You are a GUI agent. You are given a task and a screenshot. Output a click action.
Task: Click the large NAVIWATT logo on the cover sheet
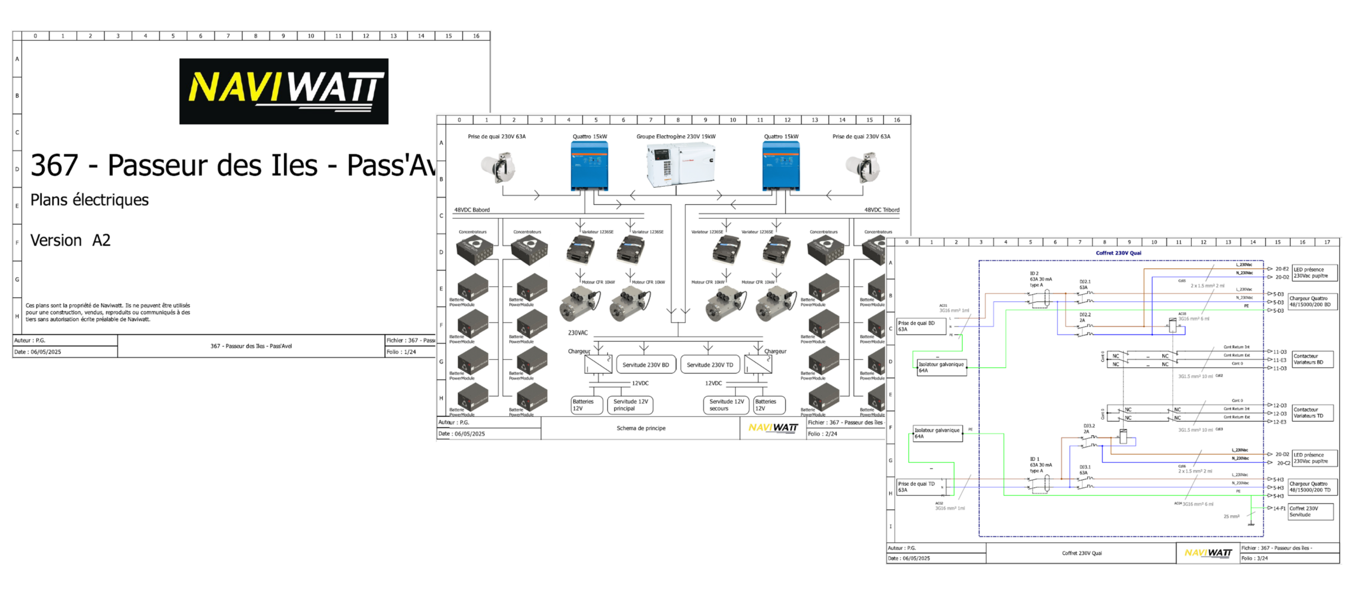tap(284, 91)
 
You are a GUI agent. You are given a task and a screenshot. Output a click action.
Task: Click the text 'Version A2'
tap(70, 240)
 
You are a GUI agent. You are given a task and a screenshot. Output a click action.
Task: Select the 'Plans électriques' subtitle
tap(89, 200)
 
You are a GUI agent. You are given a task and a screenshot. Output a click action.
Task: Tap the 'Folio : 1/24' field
tap(401, 352)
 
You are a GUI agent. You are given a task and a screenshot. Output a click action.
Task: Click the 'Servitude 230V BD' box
tap(645, 365)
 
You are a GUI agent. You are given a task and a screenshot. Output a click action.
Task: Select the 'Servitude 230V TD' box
tap(710, 365)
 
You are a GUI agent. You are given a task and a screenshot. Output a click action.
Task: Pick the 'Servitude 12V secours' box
tap(726, 405)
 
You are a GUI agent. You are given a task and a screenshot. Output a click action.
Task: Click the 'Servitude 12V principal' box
tap(630, 405)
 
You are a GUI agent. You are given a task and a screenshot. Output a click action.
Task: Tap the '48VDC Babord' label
tap(472, 210)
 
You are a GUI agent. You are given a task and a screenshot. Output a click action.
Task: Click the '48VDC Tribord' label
tap(882, 210)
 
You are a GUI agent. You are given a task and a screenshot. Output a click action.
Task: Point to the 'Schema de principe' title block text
tap(641, 428)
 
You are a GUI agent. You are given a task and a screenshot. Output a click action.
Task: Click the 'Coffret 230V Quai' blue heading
tap(1118, 253)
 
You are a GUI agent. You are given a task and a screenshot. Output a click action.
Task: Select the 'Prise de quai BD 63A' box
tap(921, 326)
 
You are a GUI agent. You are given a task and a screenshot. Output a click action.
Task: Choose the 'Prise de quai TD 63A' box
tap(921, 487)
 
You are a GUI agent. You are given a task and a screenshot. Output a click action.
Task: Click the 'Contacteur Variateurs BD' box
tap(1312, 359)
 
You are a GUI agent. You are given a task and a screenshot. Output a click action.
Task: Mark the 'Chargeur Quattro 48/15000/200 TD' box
tap(1312, 487)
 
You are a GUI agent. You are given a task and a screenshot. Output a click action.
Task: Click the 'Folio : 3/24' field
tap(1255, 558)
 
